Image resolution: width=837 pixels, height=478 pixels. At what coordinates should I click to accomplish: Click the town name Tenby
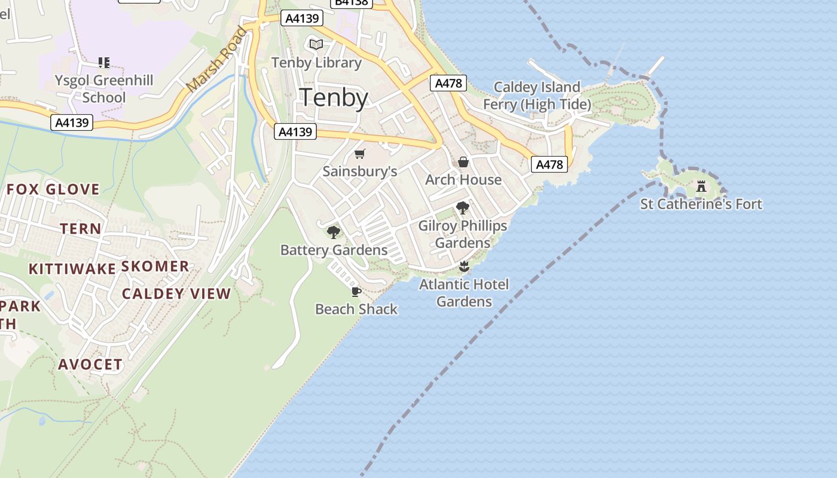333,97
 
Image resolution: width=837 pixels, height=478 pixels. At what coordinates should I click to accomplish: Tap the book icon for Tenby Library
316,45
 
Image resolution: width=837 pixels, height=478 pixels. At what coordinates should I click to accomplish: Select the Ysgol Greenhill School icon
104,62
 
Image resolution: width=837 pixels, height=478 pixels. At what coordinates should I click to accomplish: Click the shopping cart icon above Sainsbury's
360,154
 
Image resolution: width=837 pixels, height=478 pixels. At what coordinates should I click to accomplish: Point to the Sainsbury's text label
360,171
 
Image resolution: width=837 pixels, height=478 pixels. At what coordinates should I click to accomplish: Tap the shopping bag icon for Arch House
463,162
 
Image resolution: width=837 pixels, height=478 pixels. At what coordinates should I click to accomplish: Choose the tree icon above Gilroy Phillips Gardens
462,208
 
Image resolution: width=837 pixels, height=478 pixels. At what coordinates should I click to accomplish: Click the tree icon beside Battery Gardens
334,232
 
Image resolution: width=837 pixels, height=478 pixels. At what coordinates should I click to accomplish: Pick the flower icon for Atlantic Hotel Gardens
464,266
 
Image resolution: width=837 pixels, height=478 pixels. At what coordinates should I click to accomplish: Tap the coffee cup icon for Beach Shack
356,292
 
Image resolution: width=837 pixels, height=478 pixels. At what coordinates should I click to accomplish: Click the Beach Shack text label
356,309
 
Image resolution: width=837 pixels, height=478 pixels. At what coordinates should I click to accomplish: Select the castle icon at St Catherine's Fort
701,186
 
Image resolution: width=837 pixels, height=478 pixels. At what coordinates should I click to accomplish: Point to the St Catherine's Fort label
701,204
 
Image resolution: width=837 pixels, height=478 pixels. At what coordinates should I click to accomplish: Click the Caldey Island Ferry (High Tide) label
537,96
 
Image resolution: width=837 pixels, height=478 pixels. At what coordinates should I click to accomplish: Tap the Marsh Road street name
216,60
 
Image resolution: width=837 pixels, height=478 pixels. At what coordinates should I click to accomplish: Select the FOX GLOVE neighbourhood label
53,190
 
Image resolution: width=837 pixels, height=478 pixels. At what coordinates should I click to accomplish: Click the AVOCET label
90,364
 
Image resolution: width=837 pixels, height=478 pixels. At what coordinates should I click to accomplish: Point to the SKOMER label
155,266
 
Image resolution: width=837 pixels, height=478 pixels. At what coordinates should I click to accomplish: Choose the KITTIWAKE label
72,269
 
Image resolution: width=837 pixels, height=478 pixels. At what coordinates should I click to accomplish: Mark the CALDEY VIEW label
176,293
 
